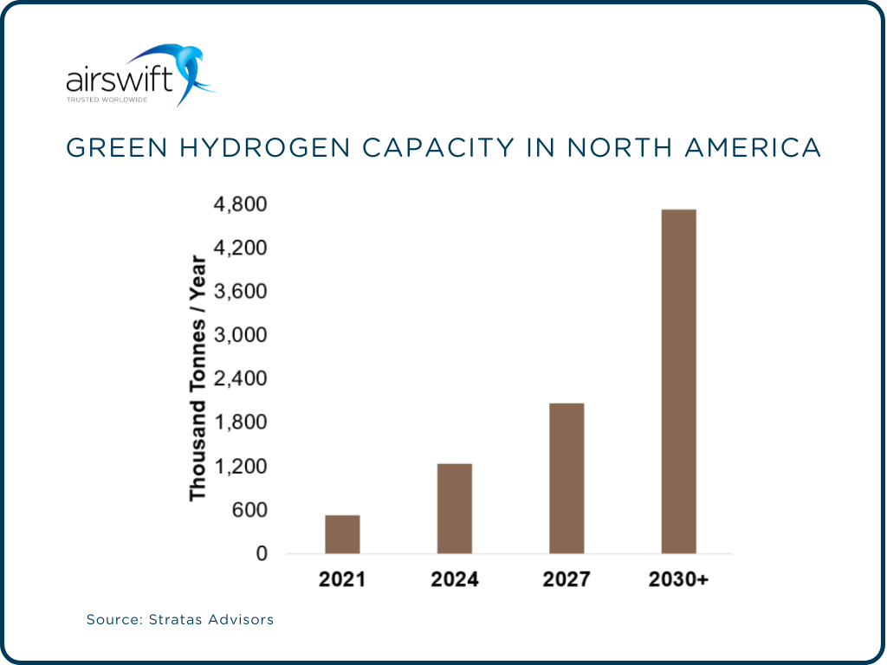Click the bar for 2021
pos(342,533)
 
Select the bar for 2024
pos(454,508)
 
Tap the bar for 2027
pos(567,478)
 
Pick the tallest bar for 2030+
pos(678,381)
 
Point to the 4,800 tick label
pos(241,205)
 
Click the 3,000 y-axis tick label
pos(241,336)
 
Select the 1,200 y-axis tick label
pos(241,467)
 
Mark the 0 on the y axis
pos(261,554)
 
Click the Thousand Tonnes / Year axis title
pos(198,378)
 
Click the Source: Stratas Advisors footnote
pos(180,620)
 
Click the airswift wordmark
pos(120,82)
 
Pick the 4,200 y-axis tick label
pos(241,249)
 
